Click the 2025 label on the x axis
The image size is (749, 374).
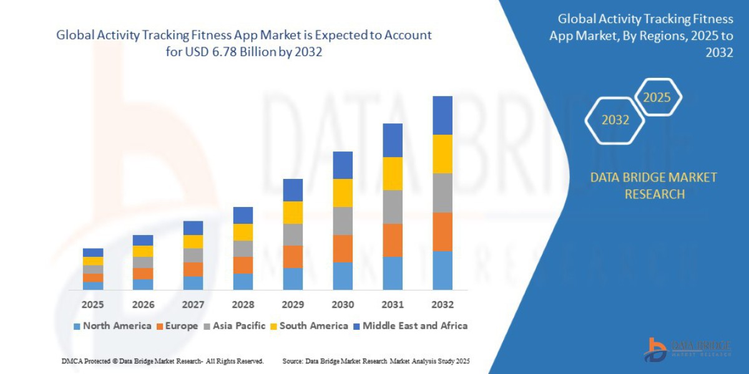(93, 305)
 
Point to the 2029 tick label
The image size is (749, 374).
(293, 305)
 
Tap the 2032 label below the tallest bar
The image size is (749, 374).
(443, 305)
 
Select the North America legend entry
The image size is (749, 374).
(112, 326)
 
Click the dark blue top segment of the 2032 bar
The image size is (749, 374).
(443, 115)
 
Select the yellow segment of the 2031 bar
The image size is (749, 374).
(393, 173)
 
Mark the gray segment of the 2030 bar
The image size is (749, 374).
(343, 221)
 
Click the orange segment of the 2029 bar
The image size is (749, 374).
(293, 257)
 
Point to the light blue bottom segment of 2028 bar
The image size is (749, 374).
(243, 282)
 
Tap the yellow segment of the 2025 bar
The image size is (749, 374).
(93, 261)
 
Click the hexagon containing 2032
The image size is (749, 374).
(615, 120)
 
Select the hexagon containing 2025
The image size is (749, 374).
(657, 98)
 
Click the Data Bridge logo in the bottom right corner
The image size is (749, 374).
(687, 349)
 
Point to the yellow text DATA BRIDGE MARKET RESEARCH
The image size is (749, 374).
(654, 186)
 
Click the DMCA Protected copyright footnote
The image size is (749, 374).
(162, 362)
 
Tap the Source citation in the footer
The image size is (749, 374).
(376, 362)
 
